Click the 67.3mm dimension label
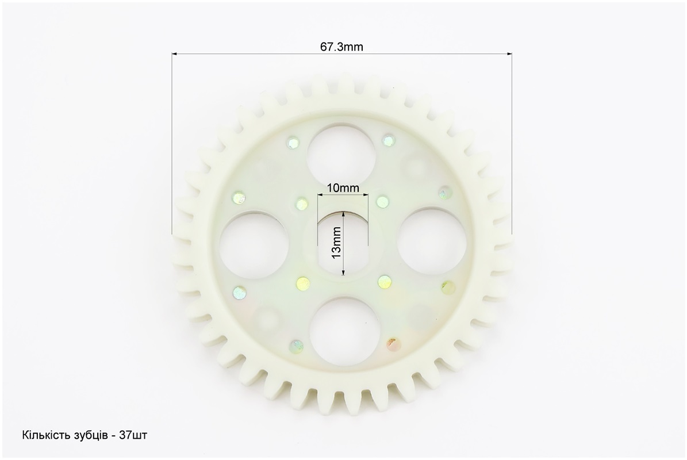pyautogui.click(x=341, y=47)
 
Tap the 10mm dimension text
pyautogui.click(x=343, y=189)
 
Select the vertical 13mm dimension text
pyautogui.click(x=336, y=242)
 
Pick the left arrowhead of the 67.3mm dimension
pyautogui.click(x=174, y=54)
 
